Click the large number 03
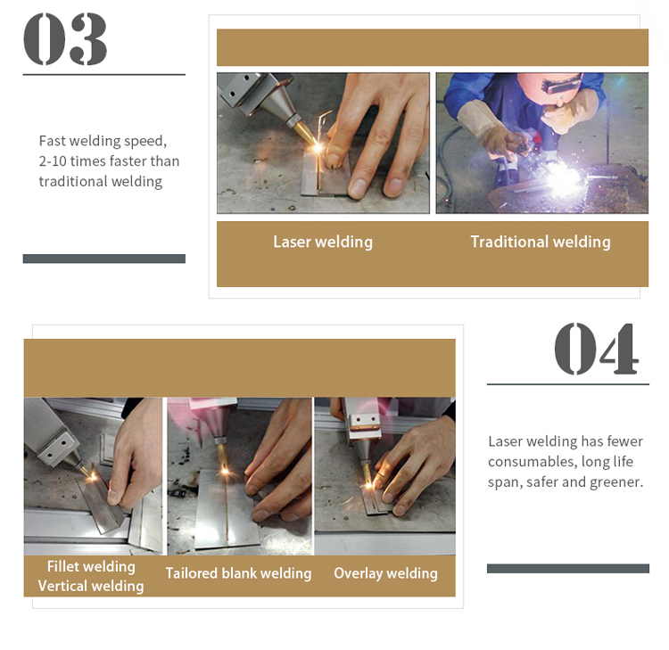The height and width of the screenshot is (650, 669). coord(65,39)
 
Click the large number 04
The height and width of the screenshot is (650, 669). coord(597,349)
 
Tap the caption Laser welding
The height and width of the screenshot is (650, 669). coord(323,242)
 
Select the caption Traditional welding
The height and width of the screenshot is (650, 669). coord(541,242)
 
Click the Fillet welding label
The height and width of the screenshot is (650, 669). coord(91,566)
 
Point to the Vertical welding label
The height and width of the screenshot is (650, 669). coord(91,586)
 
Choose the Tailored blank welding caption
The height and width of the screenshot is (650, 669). coord(238,573)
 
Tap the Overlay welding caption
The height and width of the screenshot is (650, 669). coord(385,573)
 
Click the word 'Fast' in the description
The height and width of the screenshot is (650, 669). coord(52,140)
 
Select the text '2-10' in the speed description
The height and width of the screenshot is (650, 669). coord(53,160)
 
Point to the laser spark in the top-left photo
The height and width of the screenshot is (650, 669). coord(318,148)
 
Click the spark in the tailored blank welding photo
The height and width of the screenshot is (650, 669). coord(225,472)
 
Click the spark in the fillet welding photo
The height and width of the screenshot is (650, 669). coord(92,476)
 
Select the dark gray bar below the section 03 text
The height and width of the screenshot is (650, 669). coord(104,259)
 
